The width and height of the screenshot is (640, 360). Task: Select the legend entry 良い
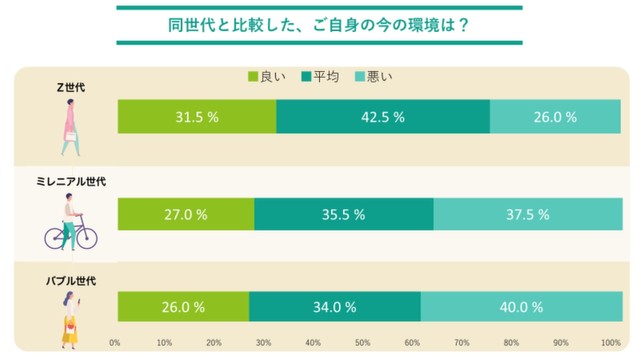coord(266,77)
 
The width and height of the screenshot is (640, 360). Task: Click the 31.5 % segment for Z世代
coord(197,117)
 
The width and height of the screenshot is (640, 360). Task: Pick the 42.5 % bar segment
coord(383,117)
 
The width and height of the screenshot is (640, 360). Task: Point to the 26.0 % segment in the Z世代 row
coord(554,117)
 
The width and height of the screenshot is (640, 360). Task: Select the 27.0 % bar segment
coord(186,214)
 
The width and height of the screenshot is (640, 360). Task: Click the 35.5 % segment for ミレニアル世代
coord(344,214)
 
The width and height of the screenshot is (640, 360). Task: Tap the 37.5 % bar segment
coord(526,214)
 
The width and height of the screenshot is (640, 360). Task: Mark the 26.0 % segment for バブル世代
coord(183,307)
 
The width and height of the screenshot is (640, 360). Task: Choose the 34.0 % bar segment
coord(335,307)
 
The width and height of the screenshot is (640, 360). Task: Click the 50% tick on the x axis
coord(363,343)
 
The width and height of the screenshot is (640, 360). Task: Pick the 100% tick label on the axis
coord(610,343)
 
